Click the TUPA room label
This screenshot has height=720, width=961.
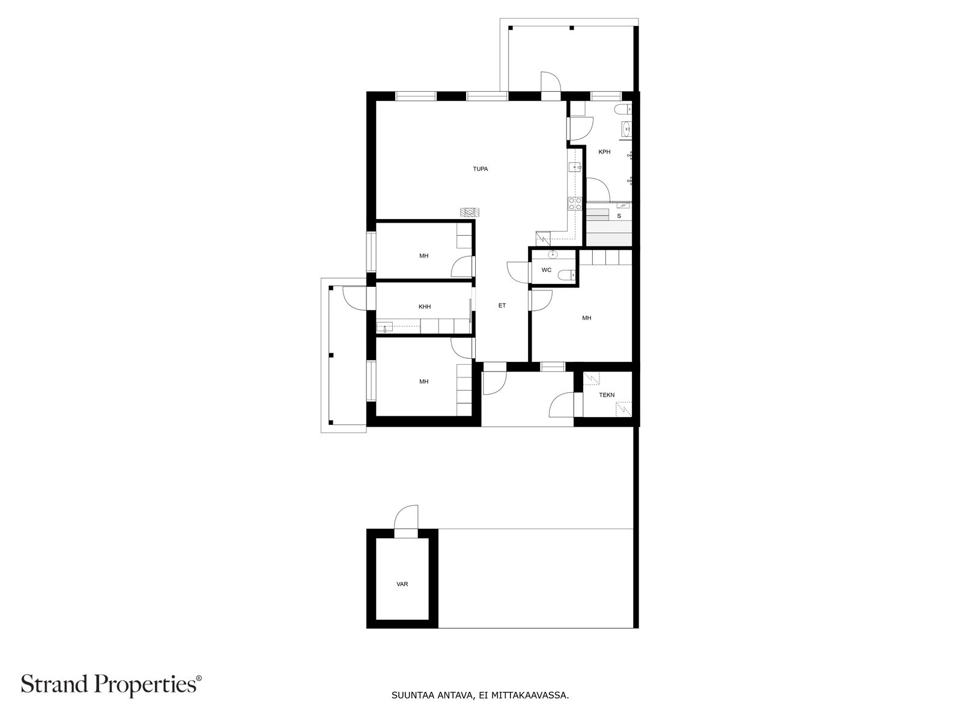(x=480, y=169)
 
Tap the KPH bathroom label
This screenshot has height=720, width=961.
(x=604, y=152)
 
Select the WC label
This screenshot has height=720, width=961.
(x=546, y=270)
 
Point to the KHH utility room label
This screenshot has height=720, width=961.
(x=425, y=307)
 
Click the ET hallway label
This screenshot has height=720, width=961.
(x=502, y=305)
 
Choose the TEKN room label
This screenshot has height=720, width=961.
(x=607, y=395)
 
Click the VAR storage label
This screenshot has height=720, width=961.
(x=402, y=584)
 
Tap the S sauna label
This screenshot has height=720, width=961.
(x=619, y=215)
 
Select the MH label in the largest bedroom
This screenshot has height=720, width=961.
(x=586, y=318)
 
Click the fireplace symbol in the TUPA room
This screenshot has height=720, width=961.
(x=470, y=212)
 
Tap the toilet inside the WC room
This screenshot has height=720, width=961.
(x=565, y=275)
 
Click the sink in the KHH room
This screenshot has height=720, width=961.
(x=384, y=327)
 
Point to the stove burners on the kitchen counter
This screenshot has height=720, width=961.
(x=575, y=203)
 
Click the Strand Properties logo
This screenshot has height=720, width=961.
(x=111, y=685)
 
